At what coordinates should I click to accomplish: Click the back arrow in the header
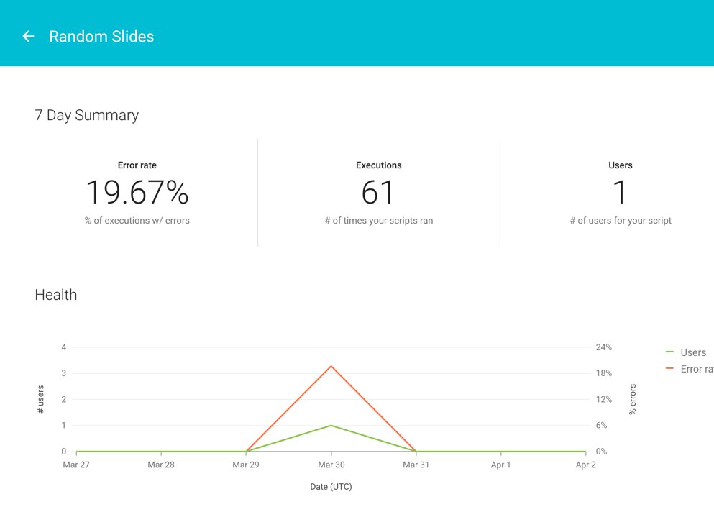(x=28, y=36)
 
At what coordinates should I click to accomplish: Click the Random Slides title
(x=101, y=37)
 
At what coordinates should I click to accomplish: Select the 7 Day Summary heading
(x=86, y=115)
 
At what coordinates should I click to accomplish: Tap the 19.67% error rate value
(x=137, y=193)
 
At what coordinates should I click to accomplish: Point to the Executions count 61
(x=378, y=193)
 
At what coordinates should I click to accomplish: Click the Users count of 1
(x=620, y=193)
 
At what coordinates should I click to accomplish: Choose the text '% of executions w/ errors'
(x=137, y=221)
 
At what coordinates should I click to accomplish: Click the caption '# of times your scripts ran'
(x=378, y=221)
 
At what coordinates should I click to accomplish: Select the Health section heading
(x=55, y=295)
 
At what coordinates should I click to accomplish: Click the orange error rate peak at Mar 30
(x=331, y=366)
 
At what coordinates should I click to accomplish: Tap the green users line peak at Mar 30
(x=331, y=426)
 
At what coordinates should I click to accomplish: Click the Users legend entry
(x=692, y=352)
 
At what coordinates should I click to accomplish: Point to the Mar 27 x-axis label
(x=76, y=465)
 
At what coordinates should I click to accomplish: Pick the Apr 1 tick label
(x=500, y=465)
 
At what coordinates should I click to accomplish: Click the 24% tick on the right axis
(x=604, y=347)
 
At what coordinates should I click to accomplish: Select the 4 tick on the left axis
(x=64, y=347)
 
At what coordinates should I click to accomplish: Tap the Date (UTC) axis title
(x=331, y=487)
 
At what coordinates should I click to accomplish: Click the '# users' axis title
(x=40, y=399)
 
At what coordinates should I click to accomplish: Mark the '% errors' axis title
(x=633, y=399)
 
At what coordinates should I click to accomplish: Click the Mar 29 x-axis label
(x=246, y=465)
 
